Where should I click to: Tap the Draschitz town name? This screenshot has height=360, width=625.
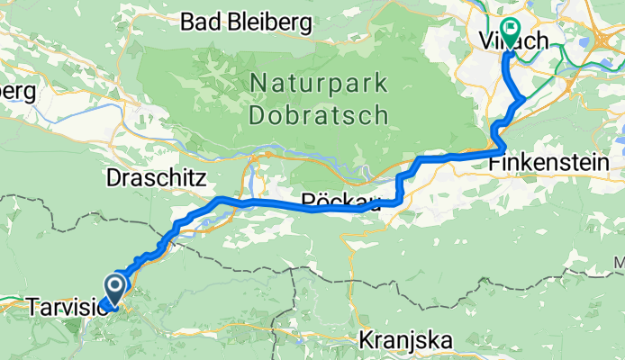[158, 175]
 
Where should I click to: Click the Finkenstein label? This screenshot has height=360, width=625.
[549, 163]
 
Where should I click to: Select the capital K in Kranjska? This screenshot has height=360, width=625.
[366, 341]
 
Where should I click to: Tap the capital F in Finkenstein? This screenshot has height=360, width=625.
[494, 163]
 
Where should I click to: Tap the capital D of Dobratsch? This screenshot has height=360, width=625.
[258, 116]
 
